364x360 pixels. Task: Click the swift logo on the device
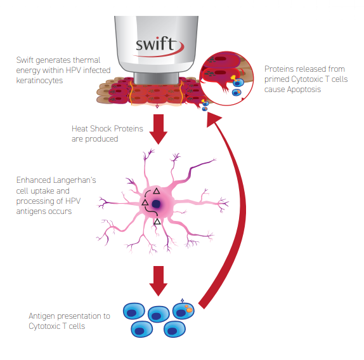coord(159,45)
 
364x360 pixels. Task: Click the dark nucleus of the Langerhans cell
coord(156,204)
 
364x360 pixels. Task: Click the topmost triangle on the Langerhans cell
coord(156,190)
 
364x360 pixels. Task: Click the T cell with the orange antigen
coord(185,310)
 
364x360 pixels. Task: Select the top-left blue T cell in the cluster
coord(134,310)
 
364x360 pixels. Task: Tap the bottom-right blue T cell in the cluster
coord(173,329)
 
